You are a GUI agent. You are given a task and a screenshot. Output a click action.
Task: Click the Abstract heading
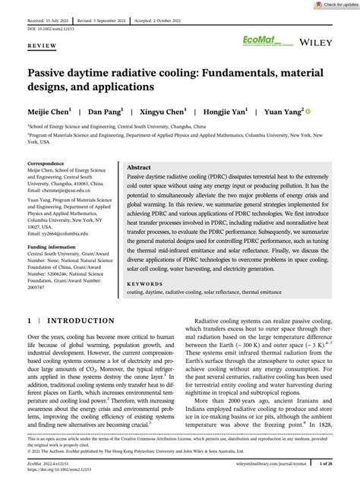click(138, 167)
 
